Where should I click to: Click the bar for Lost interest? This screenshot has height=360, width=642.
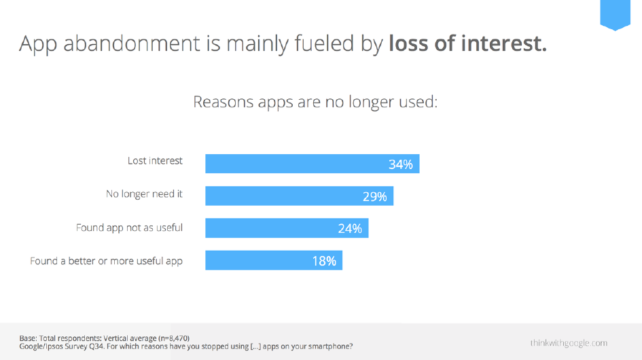click(312, 164)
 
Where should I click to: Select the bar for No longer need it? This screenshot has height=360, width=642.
click(299, 196)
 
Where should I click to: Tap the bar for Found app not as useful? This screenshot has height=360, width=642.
click(287, 228)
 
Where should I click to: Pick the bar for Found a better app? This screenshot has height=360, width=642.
click(274, 260)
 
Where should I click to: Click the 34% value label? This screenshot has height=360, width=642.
click(400, 164)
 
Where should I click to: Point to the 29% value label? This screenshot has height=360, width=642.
click(374, 197)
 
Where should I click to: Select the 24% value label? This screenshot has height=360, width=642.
click(350, 229)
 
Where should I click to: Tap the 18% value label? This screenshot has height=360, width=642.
click(324, 261)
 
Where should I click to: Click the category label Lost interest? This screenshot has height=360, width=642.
click(155, 161)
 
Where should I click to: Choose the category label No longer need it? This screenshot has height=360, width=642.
click(144, 194)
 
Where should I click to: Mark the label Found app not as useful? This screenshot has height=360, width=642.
click(129, 228)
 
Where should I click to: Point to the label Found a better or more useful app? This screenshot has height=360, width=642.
click(106, 261)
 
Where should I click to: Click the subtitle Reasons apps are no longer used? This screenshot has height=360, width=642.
click(315, 102)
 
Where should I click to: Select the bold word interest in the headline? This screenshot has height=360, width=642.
click(504, 43)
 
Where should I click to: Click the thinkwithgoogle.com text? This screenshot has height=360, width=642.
click(569, 342)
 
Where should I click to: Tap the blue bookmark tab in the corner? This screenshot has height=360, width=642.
click(615, 15)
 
